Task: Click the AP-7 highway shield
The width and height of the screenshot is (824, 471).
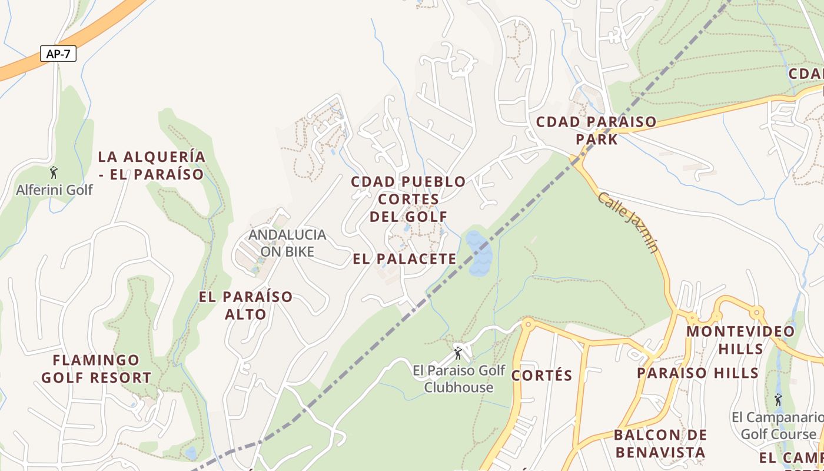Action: tap(58, 54)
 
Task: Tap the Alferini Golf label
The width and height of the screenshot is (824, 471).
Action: tap(54, 190)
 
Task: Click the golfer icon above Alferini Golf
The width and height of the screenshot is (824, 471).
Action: tap(54, 173)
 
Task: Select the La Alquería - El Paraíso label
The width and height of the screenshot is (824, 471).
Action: tap(151, 165)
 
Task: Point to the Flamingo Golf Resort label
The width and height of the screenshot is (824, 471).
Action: tap(97, 369)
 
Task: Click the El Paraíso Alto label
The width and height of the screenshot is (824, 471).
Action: tap(245, 305)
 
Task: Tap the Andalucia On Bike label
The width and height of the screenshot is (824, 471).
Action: tap(287, 243)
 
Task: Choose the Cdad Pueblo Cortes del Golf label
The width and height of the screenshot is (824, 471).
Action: tap(408, 199)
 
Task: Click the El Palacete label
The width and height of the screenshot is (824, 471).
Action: tap(405, 258)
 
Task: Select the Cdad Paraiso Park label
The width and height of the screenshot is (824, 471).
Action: tap(596, 131)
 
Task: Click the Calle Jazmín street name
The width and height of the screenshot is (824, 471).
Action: tap(629, 221)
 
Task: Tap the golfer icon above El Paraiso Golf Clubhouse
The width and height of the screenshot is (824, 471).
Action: tap(458, 353)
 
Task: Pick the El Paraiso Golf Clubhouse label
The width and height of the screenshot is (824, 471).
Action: tap(458, 379)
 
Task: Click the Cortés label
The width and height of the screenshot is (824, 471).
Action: tap(542, 376)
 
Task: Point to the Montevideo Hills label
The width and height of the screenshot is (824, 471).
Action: tap(740, 340)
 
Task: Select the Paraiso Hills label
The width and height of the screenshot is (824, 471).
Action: tap(697, 373)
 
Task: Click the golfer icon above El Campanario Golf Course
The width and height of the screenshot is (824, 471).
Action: tap(778, 400)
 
